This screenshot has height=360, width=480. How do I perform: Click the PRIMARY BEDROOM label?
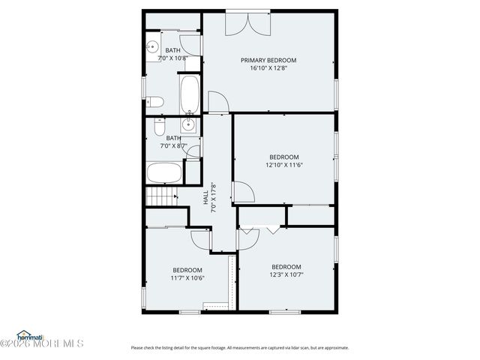tap(268, 60)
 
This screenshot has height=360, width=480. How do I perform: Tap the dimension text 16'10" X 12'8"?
tap(268, 68)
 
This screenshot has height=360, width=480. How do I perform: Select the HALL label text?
tap(205, 196)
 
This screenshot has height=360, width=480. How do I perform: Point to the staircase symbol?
tap(160, 197)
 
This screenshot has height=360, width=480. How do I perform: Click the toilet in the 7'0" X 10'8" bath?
tap(155, 101)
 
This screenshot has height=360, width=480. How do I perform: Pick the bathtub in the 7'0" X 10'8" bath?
tap(190, 94)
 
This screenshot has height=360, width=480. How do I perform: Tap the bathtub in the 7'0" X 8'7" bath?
tap(163, 173)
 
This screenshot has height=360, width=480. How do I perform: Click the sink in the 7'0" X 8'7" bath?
tap(190, 124)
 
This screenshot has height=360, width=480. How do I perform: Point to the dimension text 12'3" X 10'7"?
tap(286, 274)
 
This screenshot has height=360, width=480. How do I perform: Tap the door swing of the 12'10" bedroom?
tap(244, 192)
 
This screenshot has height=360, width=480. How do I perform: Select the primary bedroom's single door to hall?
tap(217, 101)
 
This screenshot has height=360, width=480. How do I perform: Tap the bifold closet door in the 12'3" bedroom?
tap(262, 230)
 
